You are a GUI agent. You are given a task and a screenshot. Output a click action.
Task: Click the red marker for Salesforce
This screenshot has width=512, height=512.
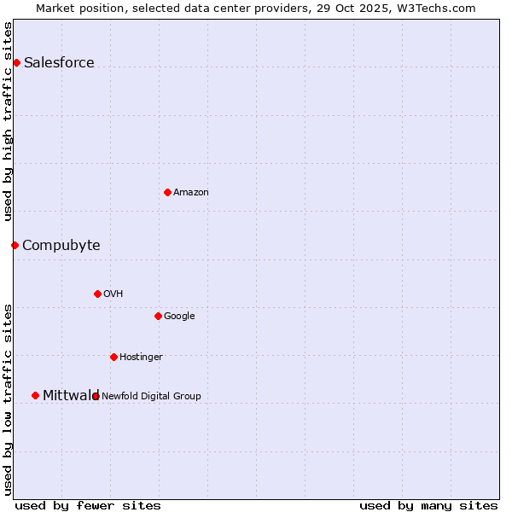16,62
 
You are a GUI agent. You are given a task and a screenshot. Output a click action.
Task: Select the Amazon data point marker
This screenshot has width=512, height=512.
167,192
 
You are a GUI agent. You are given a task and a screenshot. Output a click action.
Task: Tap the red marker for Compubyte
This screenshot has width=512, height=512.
15,245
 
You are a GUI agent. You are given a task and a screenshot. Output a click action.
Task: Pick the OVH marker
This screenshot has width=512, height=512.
97,294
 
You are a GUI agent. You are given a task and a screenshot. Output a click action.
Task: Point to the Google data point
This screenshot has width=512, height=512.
158,316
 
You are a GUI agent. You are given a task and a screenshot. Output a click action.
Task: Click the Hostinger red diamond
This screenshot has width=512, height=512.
113,357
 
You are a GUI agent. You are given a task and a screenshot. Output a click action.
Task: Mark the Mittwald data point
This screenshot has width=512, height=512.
35,395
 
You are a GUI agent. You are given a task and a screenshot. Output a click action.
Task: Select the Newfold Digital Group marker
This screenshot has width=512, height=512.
96,396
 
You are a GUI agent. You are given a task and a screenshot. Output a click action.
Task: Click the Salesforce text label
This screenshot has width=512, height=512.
59,62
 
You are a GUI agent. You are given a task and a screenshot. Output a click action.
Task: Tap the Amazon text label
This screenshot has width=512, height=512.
191,192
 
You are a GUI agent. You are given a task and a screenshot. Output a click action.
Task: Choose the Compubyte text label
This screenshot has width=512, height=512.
61,245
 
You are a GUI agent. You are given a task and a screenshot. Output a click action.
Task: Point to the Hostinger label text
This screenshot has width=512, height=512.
141,357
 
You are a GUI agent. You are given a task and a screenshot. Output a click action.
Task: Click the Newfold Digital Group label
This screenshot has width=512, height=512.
151,396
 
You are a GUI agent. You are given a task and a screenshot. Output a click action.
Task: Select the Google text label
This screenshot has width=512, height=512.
179,316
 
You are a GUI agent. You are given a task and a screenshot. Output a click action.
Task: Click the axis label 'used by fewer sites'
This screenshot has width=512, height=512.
88,505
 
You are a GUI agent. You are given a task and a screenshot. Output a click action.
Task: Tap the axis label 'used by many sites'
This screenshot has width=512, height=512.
428,505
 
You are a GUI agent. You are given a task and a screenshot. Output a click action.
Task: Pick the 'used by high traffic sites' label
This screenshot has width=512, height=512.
9,121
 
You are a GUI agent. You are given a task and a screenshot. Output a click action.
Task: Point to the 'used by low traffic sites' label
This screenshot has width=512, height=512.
9,399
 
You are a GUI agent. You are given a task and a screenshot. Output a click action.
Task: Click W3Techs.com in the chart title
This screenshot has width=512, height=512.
435,8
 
